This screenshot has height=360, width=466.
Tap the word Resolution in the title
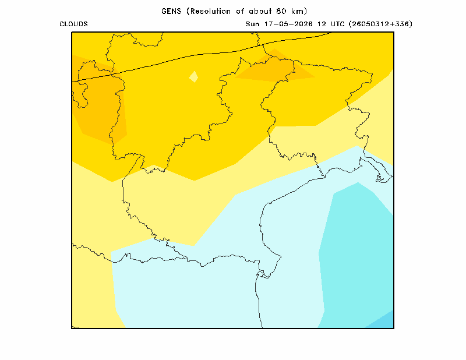tap(211, 11)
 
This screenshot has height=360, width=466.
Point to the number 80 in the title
tap(281, 11)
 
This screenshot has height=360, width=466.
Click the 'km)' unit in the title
tap(299, 11)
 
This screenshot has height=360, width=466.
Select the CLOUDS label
tap(74, 24)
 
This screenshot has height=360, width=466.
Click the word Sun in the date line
tap(252, 24)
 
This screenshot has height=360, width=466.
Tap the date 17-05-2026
tap(288, 24)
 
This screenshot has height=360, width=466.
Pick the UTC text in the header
tap(337, 24)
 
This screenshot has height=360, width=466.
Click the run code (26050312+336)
tap(380, 24)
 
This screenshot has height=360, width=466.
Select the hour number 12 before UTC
tap(322, 24)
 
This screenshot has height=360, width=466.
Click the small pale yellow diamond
tap(194, 77)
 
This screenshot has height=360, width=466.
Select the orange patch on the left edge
tap(98, 101)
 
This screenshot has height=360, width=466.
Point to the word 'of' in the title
tap(240, 11)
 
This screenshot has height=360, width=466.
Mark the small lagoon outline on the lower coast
tap(263, 274)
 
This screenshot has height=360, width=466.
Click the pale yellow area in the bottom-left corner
tap(92, 294)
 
